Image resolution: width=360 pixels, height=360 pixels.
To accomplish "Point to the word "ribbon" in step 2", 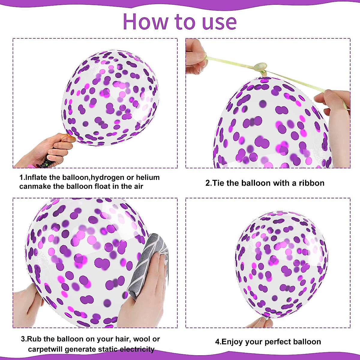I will tap(311, 183).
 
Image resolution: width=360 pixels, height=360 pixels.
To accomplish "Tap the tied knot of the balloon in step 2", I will tap(260, 67).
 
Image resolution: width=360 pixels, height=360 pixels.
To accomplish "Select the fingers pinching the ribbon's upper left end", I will tap(195, 57).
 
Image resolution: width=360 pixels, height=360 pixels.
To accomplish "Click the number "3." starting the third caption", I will tap(24, 339).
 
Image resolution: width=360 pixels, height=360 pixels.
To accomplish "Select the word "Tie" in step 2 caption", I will tap(219, 183).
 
